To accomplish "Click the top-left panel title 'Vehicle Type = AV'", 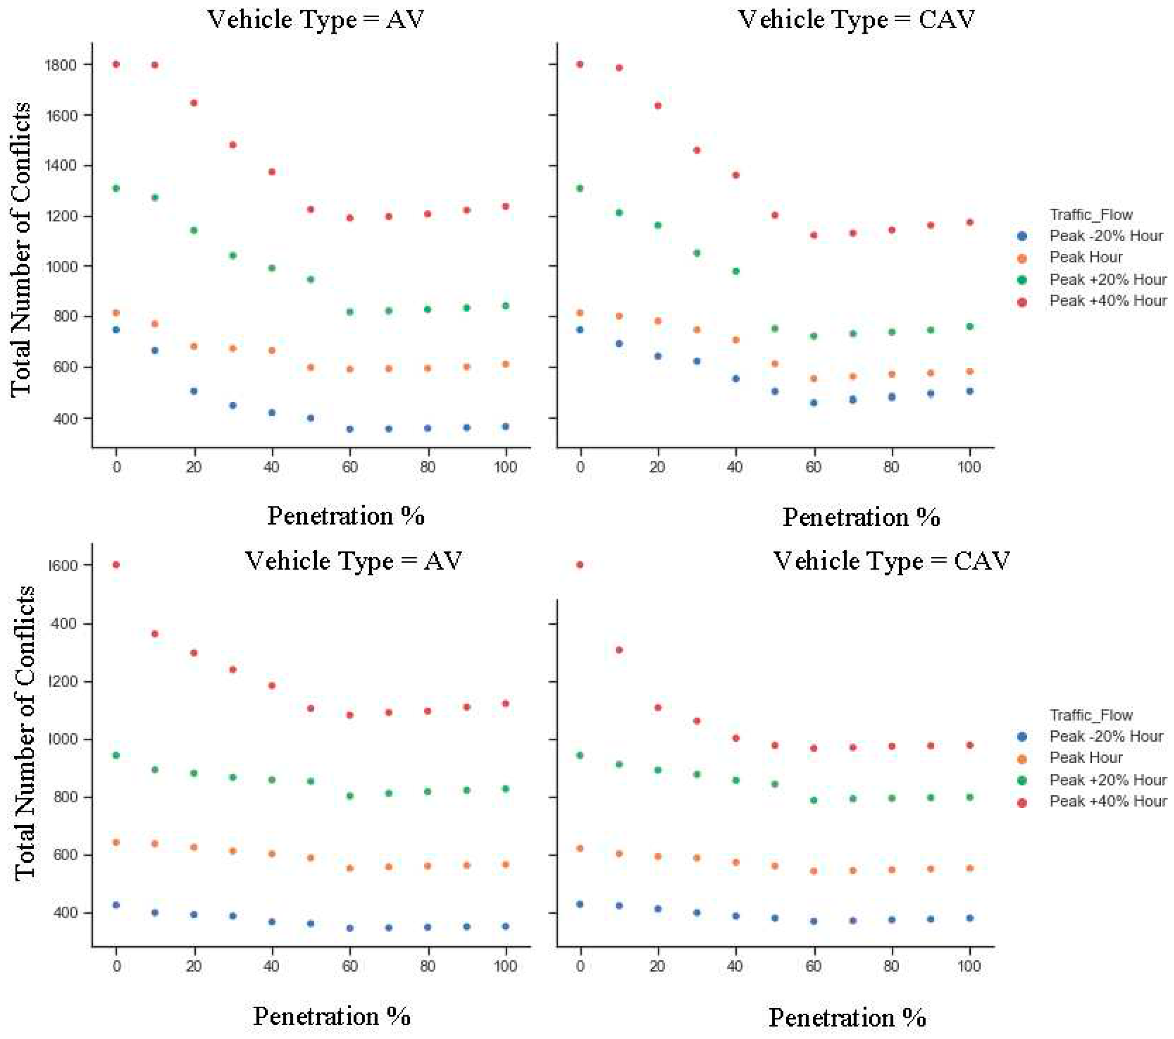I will point(316,20).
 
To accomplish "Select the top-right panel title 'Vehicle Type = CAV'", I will point(856,20).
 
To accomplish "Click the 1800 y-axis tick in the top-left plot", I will point(60,64).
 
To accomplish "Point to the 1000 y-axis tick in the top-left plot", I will point(60,266).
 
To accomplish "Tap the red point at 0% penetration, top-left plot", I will point(116,64).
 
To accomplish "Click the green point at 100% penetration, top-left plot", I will point(506,306).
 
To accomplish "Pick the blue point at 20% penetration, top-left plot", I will point(194,391).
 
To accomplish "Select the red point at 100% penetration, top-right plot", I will point(969,223).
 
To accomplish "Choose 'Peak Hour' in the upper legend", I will point(1085,257).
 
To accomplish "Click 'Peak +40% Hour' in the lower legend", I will point(1107,801).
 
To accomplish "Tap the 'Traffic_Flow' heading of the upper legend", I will point(1091,215).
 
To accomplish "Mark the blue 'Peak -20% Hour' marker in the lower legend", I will point(1022,737).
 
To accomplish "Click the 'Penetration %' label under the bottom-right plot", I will point(847,1018).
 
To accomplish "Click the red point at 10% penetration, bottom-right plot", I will point(619,650).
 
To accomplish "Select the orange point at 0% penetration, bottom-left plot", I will point(116,842).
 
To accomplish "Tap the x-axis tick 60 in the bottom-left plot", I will point(350,966).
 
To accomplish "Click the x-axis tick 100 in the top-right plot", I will point(969,467).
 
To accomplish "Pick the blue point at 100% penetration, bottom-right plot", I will point(969,918).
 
